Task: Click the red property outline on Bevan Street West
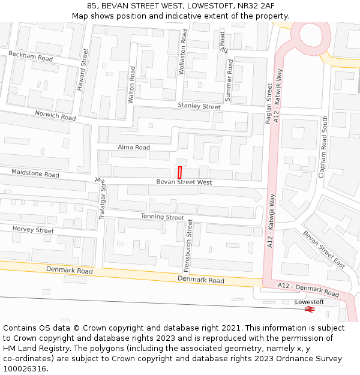tap(179, 170)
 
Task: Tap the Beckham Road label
tap(31, 56)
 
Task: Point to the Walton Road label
tap(131, 85)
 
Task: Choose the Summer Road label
tap(229, 80)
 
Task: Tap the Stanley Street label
tap(199, 106)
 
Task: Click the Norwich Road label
tap(55, 115)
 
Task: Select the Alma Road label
tap(134, 147)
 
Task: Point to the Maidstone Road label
tap(35, 173)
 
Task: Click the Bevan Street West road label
tap(184, 182)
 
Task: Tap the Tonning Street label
tap(163, 217)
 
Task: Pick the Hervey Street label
tap(33, 230)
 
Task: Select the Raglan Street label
tap(269, 104)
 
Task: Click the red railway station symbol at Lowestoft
tap(310, 309)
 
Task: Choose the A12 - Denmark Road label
tap(308, 290)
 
